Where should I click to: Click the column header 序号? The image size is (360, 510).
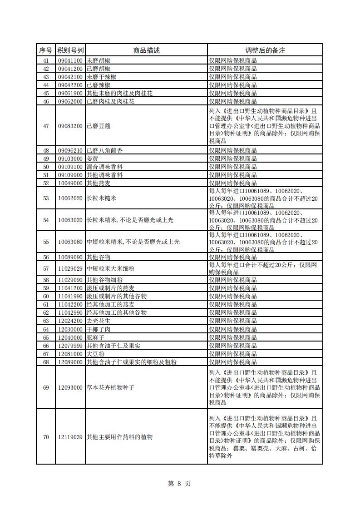[45, 50]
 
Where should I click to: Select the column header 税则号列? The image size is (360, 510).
[70, 50]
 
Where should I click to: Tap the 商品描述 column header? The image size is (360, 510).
[146, 50]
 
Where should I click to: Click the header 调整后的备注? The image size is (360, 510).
[265, 50]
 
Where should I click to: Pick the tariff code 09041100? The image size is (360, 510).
[70, 60]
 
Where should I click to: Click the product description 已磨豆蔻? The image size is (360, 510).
[99, 126]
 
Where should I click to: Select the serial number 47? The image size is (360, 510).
[45, 126]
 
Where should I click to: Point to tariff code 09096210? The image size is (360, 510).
[70, 150]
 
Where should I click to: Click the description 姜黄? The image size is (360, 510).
[92, 158]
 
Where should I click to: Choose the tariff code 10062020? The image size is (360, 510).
[70, 198]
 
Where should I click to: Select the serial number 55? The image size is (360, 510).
[45, 242]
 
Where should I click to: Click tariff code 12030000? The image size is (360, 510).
[70, 329]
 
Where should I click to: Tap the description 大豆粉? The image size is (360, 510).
[95, 354]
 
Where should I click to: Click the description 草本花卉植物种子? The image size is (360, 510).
[111, 387]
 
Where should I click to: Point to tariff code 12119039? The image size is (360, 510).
[70, 437]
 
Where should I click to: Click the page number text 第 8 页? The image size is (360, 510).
[179, 484]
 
